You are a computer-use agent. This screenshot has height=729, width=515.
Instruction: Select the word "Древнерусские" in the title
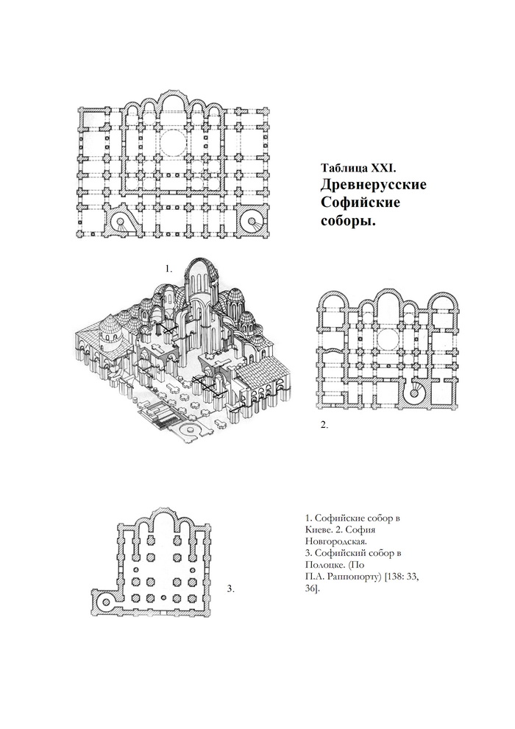tap(373, 185)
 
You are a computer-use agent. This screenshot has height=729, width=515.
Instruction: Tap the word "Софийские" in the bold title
tap(360, 203)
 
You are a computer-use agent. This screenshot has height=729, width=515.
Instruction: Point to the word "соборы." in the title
tap(348, 222)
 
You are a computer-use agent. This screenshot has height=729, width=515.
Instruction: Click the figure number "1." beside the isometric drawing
tap(168, 269)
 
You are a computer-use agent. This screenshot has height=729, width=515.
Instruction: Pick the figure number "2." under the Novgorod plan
tap(324, 424)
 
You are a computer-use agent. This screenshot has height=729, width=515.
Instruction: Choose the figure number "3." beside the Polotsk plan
tap(230, 589)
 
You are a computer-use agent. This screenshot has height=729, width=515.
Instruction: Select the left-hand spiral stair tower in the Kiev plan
tap(119, 222)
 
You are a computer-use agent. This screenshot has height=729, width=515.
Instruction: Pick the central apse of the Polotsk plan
tap(163, 523)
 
